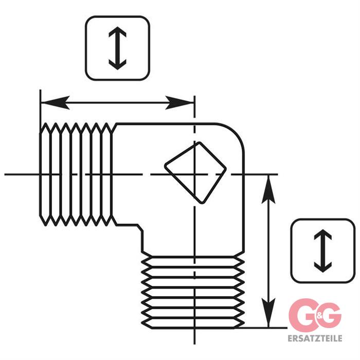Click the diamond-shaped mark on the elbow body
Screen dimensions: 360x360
pyautogui.click(x=195, y=173)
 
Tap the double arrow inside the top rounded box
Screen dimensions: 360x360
pyautogui.click(x=117, y=48)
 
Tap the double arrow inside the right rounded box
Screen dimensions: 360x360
pyautogui.click(x=323, y=251)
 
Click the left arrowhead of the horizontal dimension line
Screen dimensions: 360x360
pyautogui.click(x=55, y=103)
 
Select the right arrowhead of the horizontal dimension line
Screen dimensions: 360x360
pyautogui.click(x=180, y=103)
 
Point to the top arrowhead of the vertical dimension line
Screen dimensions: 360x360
pyautogui.click(x=268, y=189)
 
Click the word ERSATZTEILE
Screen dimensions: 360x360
pyautogui.click(x=315, y=338)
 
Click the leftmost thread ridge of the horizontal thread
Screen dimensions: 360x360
pyautogui.click(x=45, y=174)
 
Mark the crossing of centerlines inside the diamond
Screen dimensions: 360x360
pyautogui.click(x=195, y=174)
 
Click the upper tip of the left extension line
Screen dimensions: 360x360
pyautogui.click(x=41, y=90)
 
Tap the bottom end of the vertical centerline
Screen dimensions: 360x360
pyautogui.click(x=195, y=344)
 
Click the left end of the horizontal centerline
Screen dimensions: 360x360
pyautogui.click(x=5, y=174)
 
